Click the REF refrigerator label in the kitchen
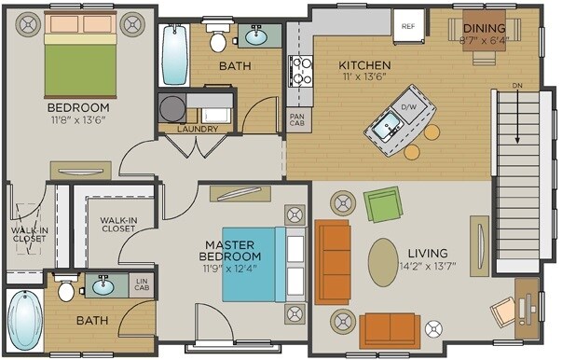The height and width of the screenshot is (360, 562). click(x=407, y=26)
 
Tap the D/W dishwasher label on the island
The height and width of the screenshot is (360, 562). click(x=407, y=107)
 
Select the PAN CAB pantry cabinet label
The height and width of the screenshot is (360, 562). click(x=296, y=120)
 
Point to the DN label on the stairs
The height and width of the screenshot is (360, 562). click(x=516, y=87)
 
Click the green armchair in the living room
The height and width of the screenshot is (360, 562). click(x=382, y=204)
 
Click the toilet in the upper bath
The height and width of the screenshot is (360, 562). click(x=219, y=37)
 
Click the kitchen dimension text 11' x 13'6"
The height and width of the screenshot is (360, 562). click(x=363, y=78)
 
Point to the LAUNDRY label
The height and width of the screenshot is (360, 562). click(x=197, y=130)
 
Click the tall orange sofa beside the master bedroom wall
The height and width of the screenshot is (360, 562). click(x=333, y=261)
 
